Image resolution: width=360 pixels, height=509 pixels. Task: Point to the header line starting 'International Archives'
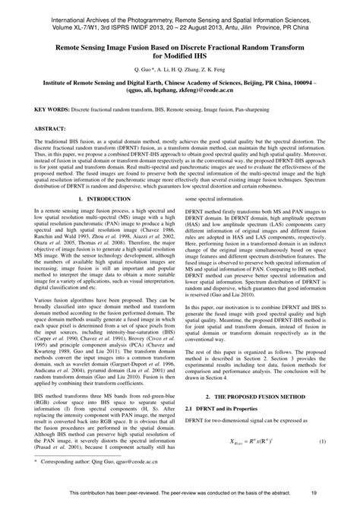coord(179,14)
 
